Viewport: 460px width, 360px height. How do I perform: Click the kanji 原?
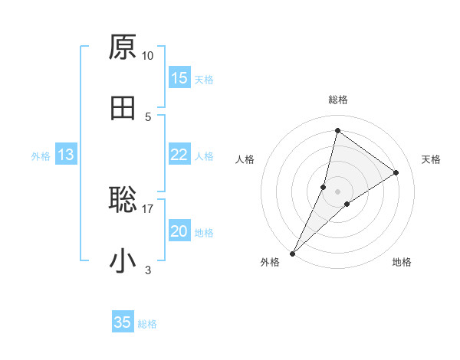(123, 47)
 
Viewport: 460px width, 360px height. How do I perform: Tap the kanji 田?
(123, 108)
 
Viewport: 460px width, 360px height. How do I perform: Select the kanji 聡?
(123, 200)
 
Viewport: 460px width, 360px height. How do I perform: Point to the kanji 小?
(123, 261)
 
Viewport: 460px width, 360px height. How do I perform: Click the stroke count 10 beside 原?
(148, 56)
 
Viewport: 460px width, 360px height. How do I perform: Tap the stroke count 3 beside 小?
(148, 270)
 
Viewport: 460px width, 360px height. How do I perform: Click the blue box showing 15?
(179, 78)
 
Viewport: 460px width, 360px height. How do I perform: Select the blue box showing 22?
(179, 155)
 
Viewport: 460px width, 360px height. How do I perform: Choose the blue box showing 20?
(179, 231)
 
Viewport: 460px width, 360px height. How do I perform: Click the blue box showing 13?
(66, 155)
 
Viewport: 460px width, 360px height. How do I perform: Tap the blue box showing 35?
(123, 322)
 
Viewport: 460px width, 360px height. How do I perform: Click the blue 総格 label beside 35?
(147, 324)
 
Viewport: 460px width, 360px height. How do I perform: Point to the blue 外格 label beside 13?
(41, 156)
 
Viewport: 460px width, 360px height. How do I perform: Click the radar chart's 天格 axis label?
(431, 159)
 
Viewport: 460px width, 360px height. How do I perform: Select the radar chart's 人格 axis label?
(245, 159)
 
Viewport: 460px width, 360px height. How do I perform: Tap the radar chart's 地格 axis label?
(402, 262)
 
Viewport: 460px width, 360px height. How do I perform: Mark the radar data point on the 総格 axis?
(337, 130)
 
